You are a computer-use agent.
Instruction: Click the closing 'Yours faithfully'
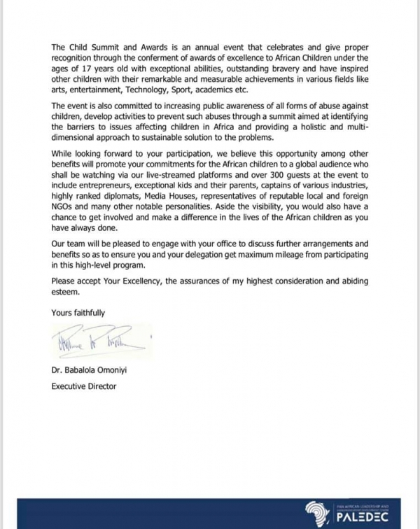[x=78, y=313]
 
